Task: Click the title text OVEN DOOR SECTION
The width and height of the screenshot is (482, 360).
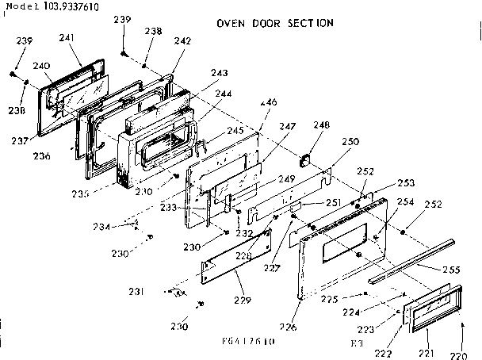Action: (x=274, y=23)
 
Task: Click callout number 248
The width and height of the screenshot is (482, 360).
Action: (x=321, y=125)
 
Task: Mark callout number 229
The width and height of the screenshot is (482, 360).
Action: (x=243, y=301)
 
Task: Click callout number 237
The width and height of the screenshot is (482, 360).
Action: (x=19, y=141)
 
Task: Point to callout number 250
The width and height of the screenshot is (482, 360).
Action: (x=350, y=142)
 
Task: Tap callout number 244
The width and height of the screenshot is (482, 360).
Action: (x=224, y=94)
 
